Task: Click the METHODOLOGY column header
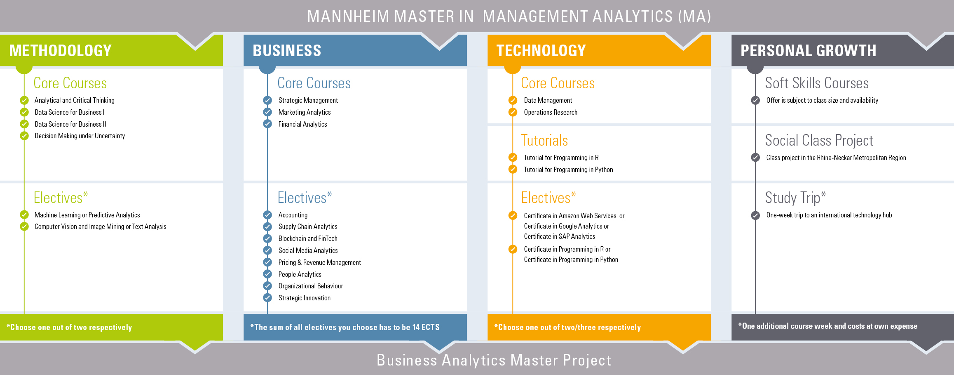point(60,51)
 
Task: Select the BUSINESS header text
point(287,51)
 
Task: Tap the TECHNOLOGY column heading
point(541,51)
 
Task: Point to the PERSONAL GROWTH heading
point(808,51)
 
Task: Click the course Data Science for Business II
point(70,124)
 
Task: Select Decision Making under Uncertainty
point(80,136)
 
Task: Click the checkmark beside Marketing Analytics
point(267,112)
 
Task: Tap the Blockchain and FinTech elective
point(308,238)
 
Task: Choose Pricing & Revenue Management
point(319,262)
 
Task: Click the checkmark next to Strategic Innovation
point(267,298)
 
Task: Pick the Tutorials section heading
point(544,141)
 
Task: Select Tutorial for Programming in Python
point(568,170)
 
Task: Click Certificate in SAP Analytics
point(559,236)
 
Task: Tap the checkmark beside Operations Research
point(513,112)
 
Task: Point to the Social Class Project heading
point(819,141)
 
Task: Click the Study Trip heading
point(795,198)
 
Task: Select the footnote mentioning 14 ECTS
point(345,327)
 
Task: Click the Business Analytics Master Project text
point(494,360)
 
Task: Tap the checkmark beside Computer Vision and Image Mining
point(24,226)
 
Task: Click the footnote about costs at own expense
point(827,326)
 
